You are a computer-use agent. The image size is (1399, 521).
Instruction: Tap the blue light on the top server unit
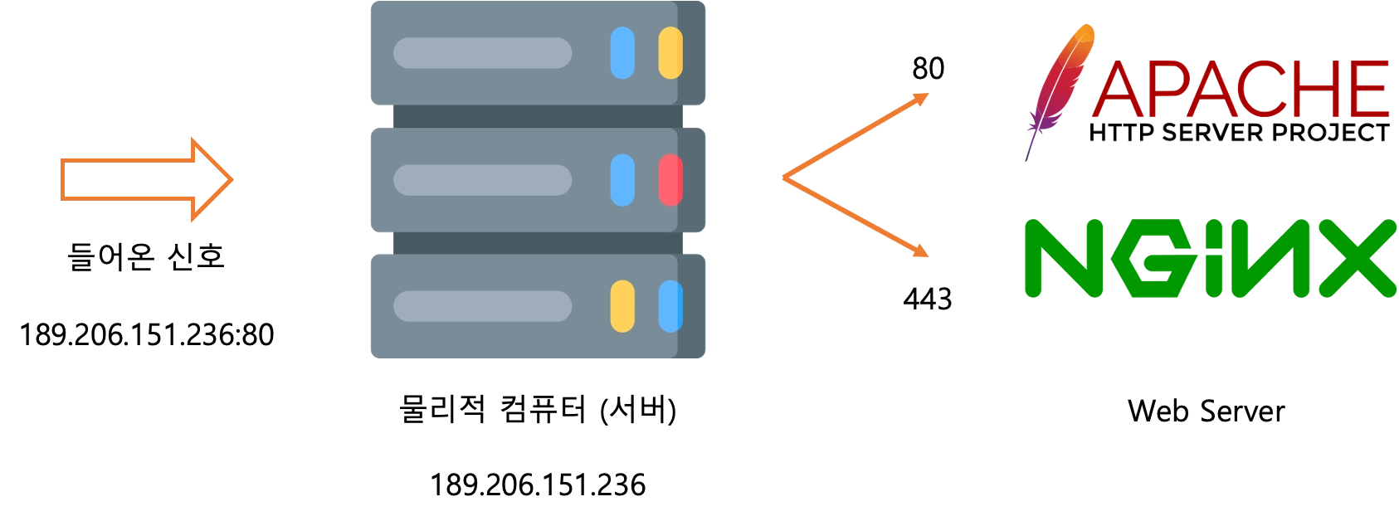(x=622, y=53)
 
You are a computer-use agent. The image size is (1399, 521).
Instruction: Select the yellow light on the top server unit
(x=670, y=53)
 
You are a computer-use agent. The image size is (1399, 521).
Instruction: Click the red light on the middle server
(x=670, y=180)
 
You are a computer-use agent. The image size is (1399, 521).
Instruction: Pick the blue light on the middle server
(x=622, y=180)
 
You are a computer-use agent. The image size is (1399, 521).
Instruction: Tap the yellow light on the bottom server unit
(x=622, y=306)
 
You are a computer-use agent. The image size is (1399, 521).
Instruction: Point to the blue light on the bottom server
(x=670, y=306)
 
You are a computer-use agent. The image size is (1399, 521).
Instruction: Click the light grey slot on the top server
(x=482, y=53)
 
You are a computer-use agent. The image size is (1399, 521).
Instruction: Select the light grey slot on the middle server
(x=482, y=180)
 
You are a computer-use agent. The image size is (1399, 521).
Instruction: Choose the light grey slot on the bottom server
(x=482, y=306)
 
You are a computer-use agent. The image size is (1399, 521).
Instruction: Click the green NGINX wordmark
(x=1210, y=259)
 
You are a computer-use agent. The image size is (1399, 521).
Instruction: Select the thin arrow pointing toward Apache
(x=855, y=137)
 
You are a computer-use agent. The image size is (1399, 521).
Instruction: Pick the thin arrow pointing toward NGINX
(x=855, y=217)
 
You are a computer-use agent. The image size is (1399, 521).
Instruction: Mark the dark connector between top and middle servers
(x=538, y=116)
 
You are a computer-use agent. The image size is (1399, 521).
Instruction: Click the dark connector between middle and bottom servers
(x=538, y=243)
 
